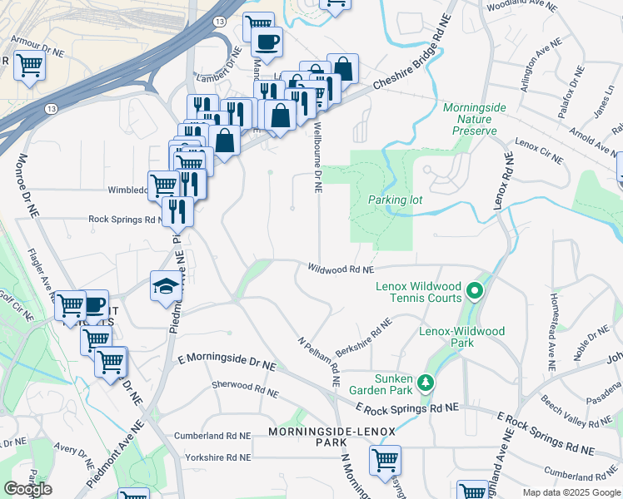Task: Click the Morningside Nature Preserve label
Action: coord(469,119)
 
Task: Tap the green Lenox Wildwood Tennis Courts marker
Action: coord(475,290)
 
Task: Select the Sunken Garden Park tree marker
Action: coord(426,382)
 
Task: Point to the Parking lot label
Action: coord(396,200)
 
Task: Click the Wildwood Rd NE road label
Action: coord(341,269)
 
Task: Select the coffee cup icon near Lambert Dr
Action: coord(267,41)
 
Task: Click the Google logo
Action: coord(27,489)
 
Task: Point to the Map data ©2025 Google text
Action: coord(571,492)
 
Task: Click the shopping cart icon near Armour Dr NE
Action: coord(30,64)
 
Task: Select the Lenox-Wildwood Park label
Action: coord(461,337)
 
